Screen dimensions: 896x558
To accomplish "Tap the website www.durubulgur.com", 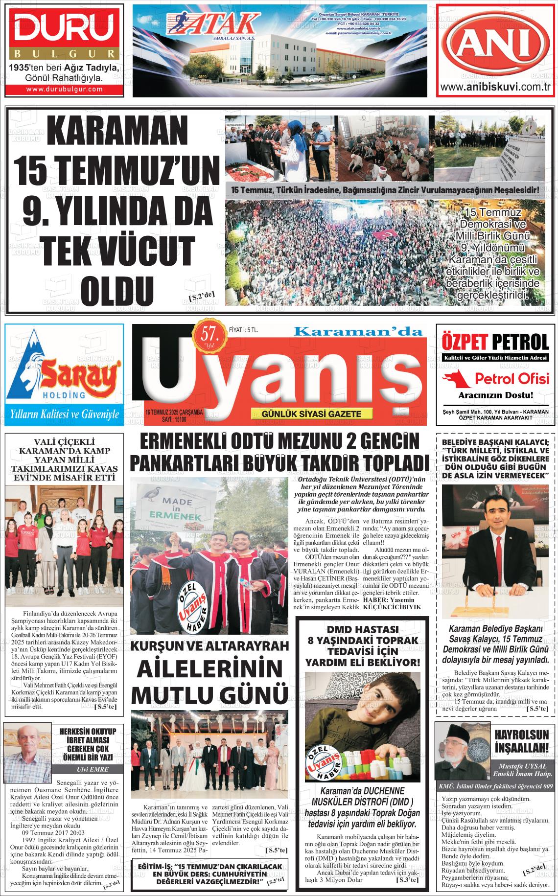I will (x=64, y=89).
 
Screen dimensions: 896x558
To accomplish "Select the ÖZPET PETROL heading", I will (x=495, y=341).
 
